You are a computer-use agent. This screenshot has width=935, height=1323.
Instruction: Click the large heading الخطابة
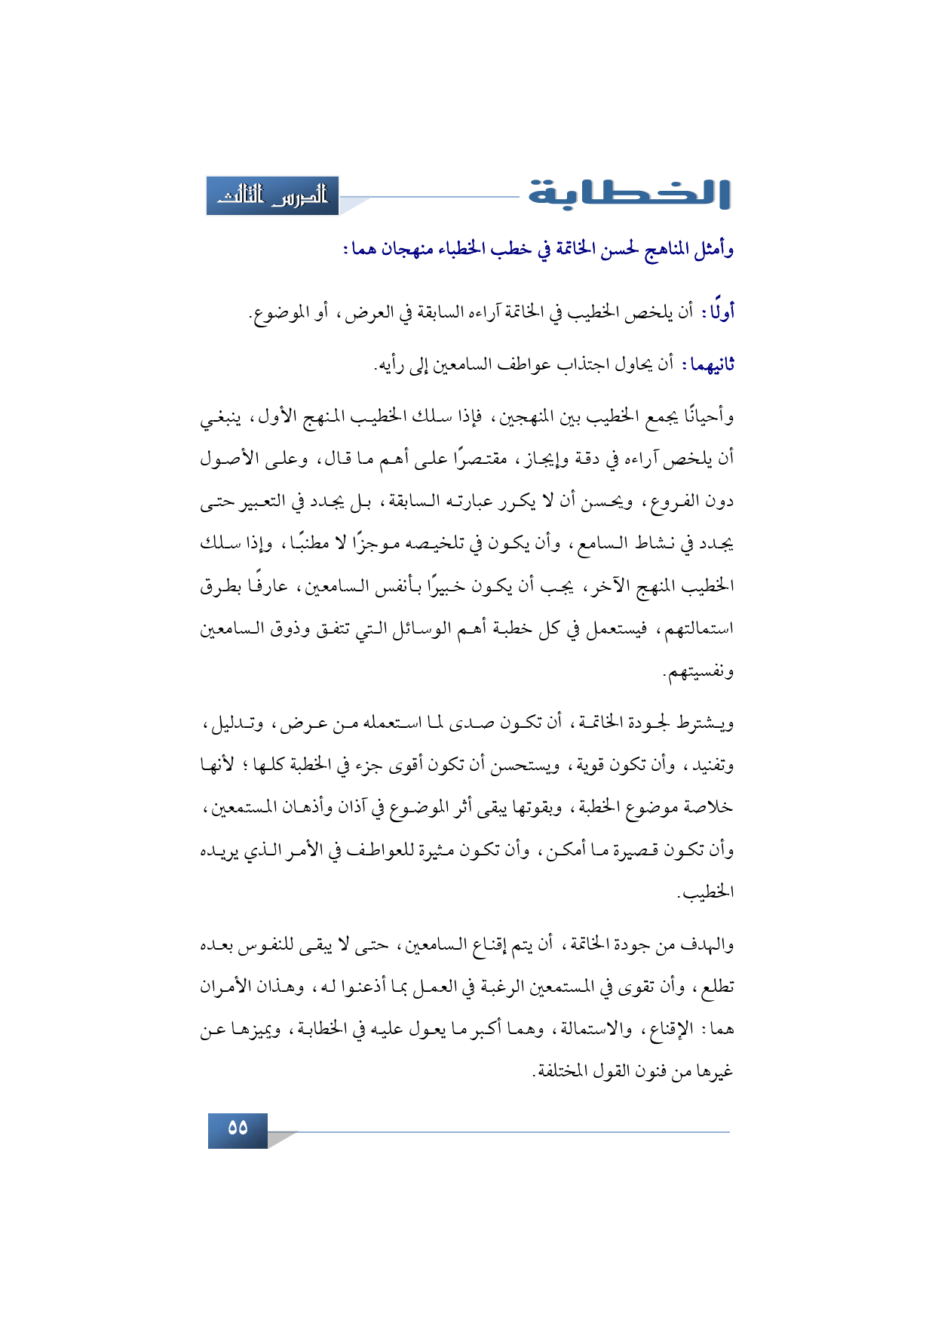pyautogui.click(x=629, y=194)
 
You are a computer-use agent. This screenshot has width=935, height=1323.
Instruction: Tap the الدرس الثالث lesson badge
pyautogui.click(x=272, y=196)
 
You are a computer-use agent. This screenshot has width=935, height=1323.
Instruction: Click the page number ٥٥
pyautogui.click(x=238, y=1128)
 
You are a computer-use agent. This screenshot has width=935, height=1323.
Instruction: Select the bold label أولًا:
pyautogui.click(x=718, y=312)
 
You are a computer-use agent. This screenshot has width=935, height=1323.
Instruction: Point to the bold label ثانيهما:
pyautogui.click(x=709, y=365)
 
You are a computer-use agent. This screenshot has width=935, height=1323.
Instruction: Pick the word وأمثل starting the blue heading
pyautogui.click(x=714, y=249)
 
